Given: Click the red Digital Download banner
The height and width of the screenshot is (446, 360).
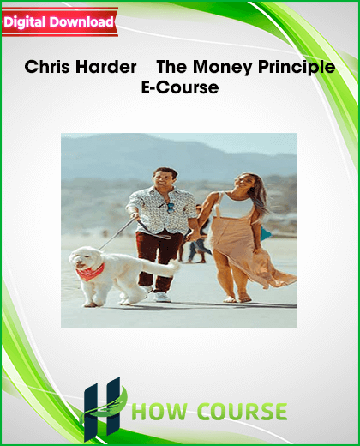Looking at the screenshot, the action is coord(60,22).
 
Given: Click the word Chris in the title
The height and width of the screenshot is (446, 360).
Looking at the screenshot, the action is coord(47,67).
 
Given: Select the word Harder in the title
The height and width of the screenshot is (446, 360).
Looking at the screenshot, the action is coord(106,67).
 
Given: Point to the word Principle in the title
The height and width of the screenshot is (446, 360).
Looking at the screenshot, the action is coord(297,68).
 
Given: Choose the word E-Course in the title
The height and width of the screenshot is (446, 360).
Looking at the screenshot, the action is coord(180,87).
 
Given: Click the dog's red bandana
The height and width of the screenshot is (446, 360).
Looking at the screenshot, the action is coord(90,272).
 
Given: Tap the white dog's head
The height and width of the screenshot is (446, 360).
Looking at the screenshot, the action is coord(83,259).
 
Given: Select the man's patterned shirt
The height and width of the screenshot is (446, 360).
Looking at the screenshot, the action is coord(161,210).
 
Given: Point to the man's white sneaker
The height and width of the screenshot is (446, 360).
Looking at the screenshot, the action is coord(162,297).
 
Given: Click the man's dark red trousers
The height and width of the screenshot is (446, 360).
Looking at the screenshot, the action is coord(157,259).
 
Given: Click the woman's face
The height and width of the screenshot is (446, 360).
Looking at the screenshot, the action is coord(242,183).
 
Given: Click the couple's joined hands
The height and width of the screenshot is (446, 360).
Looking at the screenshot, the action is coord(194,236).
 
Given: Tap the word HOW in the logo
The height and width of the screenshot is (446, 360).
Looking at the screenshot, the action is coord(162,412).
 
